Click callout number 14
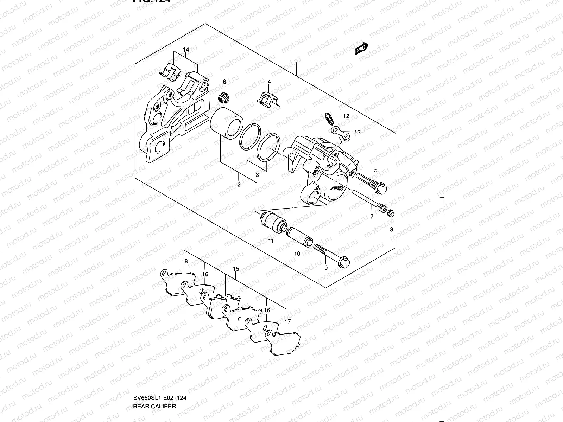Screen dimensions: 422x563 coord(186,50)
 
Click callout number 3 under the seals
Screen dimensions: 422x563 coord(257,175)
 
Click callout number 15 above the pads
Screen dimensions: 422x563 coord(236,269)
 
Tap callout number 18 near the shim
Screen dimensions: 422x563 coord(184,262)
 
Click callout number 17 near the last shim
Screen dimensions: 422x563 coord(287,321)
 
